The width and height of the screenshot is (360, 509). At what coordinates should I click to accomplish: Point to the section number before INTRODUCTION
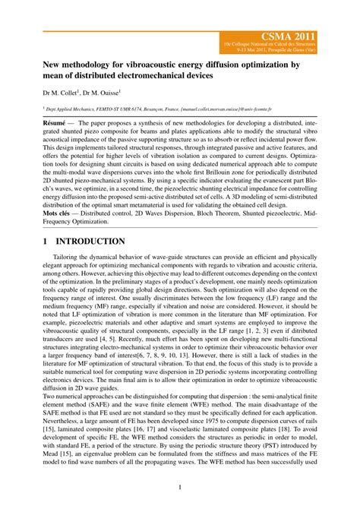click(x=45, y=242)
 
